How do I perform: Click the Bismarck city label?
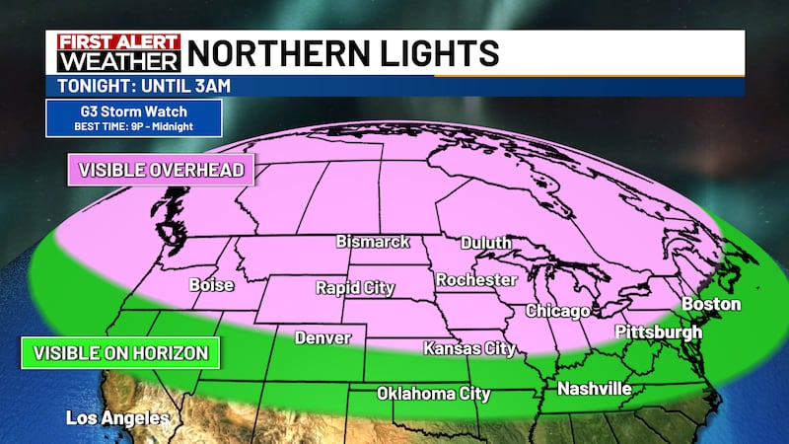point(373,241)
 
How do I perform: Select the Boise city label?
point(211,285)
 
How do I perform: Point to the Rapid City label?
point(355,288)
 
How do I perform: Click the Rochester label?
point(476,279)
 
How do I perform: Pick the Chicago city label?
point(557,311)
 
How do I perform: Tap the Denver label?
point(323,338)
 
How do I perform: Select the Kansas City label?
point(469,348)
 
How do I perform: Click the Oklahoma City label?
point(434,394)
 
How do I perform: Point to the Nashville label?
point(594,389)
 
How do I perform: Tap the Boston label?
point(710,304)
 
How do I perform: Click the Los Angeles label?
point(117,418)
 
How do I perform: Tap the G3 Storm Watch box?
point(132,119)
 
